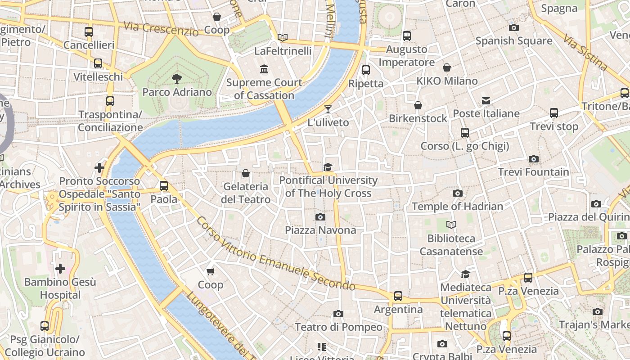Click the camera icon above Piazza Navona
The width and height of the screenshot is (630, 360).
[x=320, y=217]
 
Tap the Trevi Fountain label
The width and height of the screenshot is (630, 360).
[x=533, y=172]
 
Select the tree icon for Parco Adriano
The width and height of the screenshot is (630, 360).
[x=177, y=79]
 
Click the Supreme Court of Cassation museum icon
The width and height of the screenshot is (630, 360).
[x=264, y=69]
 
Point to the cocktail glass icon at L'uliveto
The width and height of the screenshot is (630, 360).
[x=328, y=109]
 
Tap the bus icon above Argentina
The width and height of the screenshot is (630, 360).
[x=398, y=296]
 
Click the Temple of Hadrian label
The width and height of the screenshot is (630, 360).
[x=457, y=207]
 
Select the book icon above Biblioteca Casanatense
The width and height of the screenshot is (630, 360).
[x=451, y=225]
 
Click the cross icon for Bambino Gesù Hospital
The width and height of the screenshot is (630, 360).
[x=60, y=269]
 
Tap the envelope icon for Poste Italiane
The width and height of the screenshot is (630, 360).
[x=486, y=100]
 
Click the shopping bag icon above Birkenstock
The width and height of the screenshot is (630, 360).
[x=418, y=105]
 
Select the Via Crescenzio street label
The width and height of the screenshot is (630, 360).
[x=161, y=29]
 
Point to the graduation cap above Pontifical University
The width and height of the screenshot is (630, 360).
[x=328, y=167]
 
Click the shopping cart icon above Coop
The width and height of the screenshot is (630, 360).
[x=210, y=271]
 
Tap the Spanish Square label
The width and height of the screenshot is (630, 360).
[x=513, y=41]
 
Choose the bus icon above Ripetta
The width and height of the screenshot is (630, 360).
[x=366, y=70]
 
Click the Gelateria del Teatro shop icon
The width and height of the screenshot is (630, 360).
[x=246, y=173]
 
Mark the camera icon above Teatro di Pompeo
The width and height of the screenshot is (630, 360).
[x=338, y=314]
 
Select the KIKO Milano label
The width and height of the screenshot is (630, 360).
[x=447, y=81]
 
